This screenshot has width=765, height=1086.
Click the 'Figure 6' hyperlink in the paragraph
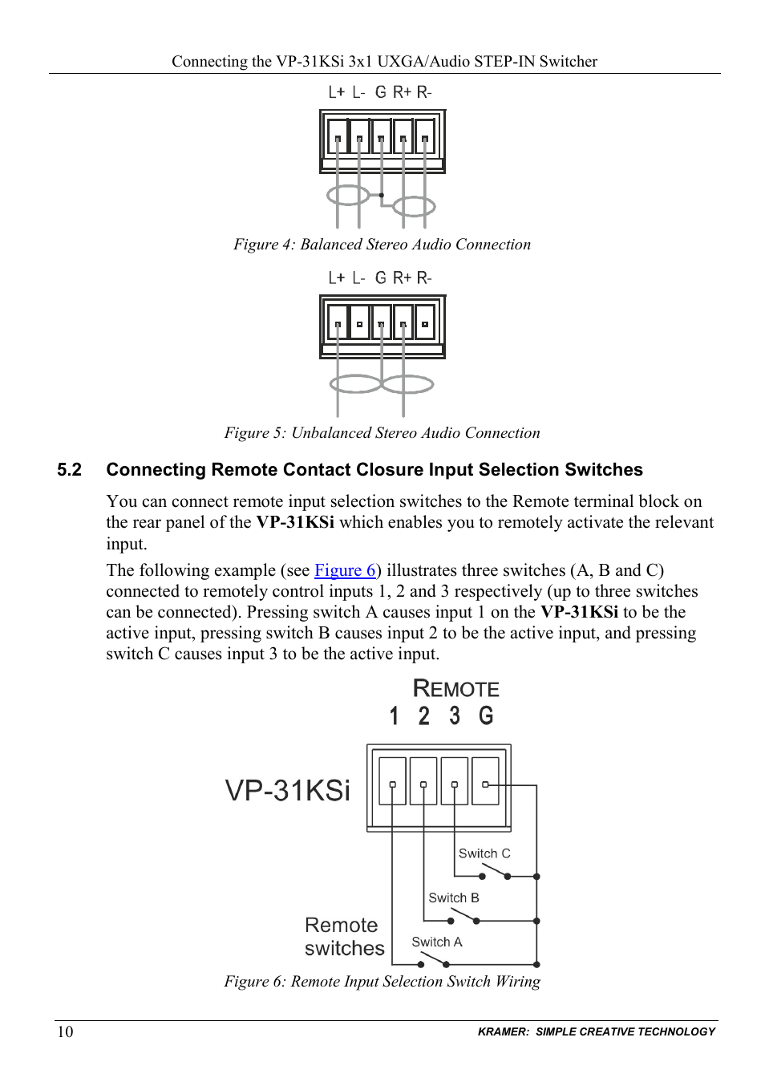point(345,570)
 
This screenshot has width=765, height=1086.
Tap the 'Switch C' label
point(484,853)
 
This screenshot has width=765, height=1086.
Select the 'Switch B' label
point(454,898)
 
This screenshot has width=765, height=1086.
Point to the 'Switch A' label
point(437,942)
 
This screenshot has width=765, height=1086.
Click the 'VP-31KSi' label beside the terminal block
point(288,790)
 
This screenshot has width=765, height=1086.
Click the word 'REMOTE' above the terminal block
point(455,689)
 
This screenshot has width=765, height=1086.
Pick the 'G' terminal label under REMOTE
point(486,715)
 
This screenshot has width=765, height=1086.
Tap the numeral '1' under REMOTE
point(394,715)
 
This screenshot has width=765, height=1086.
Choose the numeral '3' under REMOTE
point(455,715)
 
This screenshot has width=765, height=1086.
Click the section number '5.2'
point(70,470)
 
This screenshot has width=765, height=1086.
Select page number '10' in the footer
point(65,1031)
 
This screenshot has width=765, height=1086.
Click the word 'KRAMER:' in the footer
point(503,1031)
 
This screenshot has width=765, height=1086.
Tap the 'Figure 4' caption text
point(382,245)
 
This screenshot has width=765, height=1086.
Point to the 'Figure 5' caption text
point(382,433)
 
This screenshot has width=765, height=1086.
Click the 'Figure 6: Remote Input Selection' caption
point(382,982)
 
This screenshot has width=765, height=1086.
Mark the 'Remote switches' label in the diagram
point(343,937)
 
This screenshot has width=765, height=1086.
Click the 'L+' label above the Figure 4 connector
point(336,92)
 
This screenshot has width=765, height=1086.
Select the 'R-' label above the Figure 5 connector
point(424,278)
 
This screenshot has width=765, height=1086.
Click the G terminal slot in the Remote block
point(485,781)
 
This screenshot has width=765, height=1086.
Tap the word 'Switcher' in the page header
point(568,62)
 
